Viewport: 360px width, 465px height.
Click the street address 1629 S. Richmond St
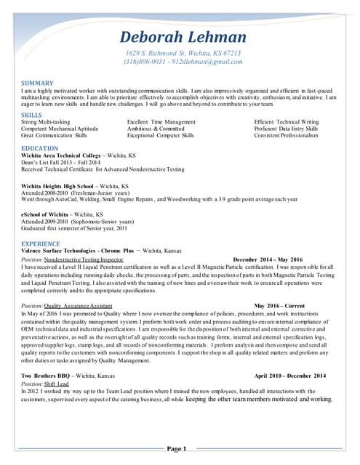pyautogui.click(x=159, y=54)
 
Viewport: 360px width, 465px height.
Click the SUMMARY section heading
pyautogui.click(x=37, y=84)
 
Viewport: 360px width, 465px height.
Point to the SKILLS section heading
pyautogui.click(x=31, y=115)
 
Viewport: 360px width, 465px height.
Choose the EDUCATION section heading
pyautogui.click(x=40, y=148)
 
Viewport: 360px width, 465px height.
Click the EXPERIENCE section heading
pyautogui.click(x=41, y=243)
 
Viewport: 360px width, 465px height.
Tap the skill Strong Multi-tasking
pyautogui.click(x=46, y=122)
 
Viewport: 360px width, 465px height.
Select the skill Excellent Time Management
pyautogui.click(x=161, y=122)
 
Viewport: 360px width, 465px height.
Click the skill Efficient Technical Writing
pyautogui.click(x=287, y=122)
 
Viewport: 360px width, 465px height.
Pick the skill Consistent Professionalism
pyautogui.click(x=287, y=135)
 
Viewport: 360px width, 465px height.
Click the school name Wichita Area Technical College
pyautogui.click(x=61, y=155)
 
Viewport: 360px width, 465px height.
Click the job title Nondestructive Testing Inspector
pyautogui.click(x=84, y=259)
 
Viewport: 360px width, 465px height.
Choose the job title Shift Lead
pyautogui.click(x=57, y=383)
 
